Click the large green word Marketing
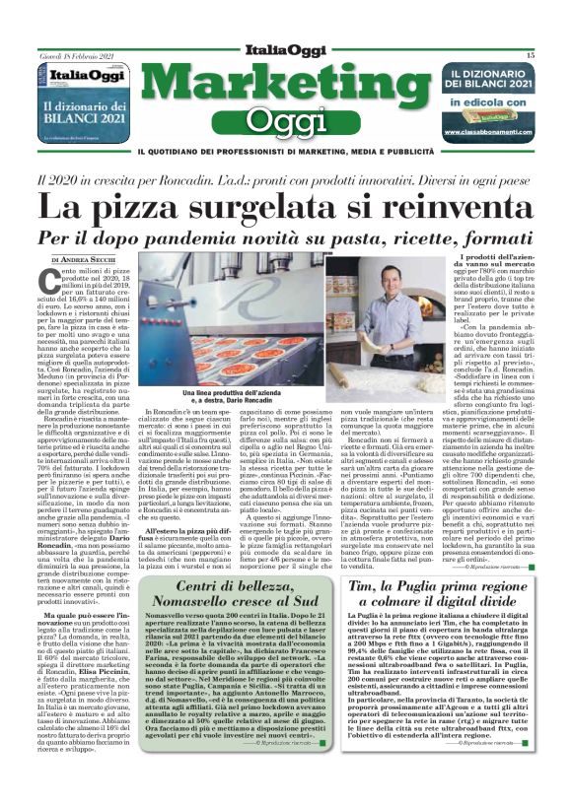point(285,88)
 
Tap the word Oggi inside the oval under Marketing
point(285,122)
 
